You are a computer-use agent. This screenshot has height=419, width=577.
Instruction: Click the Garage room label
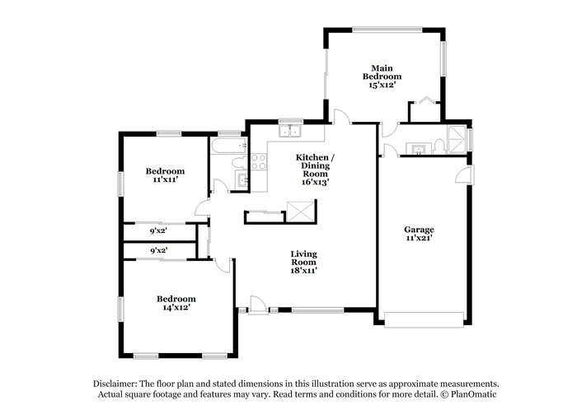(x=419, y=230)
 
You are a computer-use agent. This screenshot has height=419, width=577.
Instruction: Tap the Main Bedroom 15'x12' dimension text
(x=382, y=85)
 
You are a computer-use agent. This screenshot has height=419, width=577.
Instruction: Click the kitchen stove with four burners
(x=259, y=161)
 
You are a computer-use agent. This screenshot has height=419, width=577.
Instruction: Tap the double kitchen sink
(x=290, y=131)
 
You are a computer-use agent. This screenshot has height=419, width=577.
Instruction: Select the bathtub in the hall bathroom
(x=228, y=145)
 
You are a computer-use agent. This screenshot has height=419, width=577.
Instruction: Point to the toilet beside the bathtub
(x=239, y=161)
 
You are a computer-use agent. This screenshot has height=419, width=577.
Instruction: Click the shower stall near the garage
(x=457, y=140)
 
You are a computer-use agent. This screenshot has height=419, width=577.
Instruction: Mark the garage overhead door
(x=424, y=319)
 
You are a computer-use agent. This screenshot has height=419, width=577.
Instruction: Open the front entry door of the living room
(x=258, y=305)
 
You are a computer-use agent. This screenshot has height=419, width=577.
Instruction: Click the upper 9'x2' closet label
(x=158, y=231)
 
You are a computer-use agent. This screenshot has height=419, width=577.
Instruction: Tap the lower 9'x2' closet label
(x=159, y=251)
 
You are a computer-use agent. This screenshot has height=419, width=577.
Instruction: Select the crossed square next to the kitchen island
(x=301, y=212)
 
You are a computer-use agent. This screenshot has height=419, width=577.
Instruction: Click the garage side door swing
(x=464, y=174)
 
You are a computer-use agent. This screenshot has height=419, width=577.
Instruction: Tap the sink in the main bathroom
(x=419, y=149)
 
